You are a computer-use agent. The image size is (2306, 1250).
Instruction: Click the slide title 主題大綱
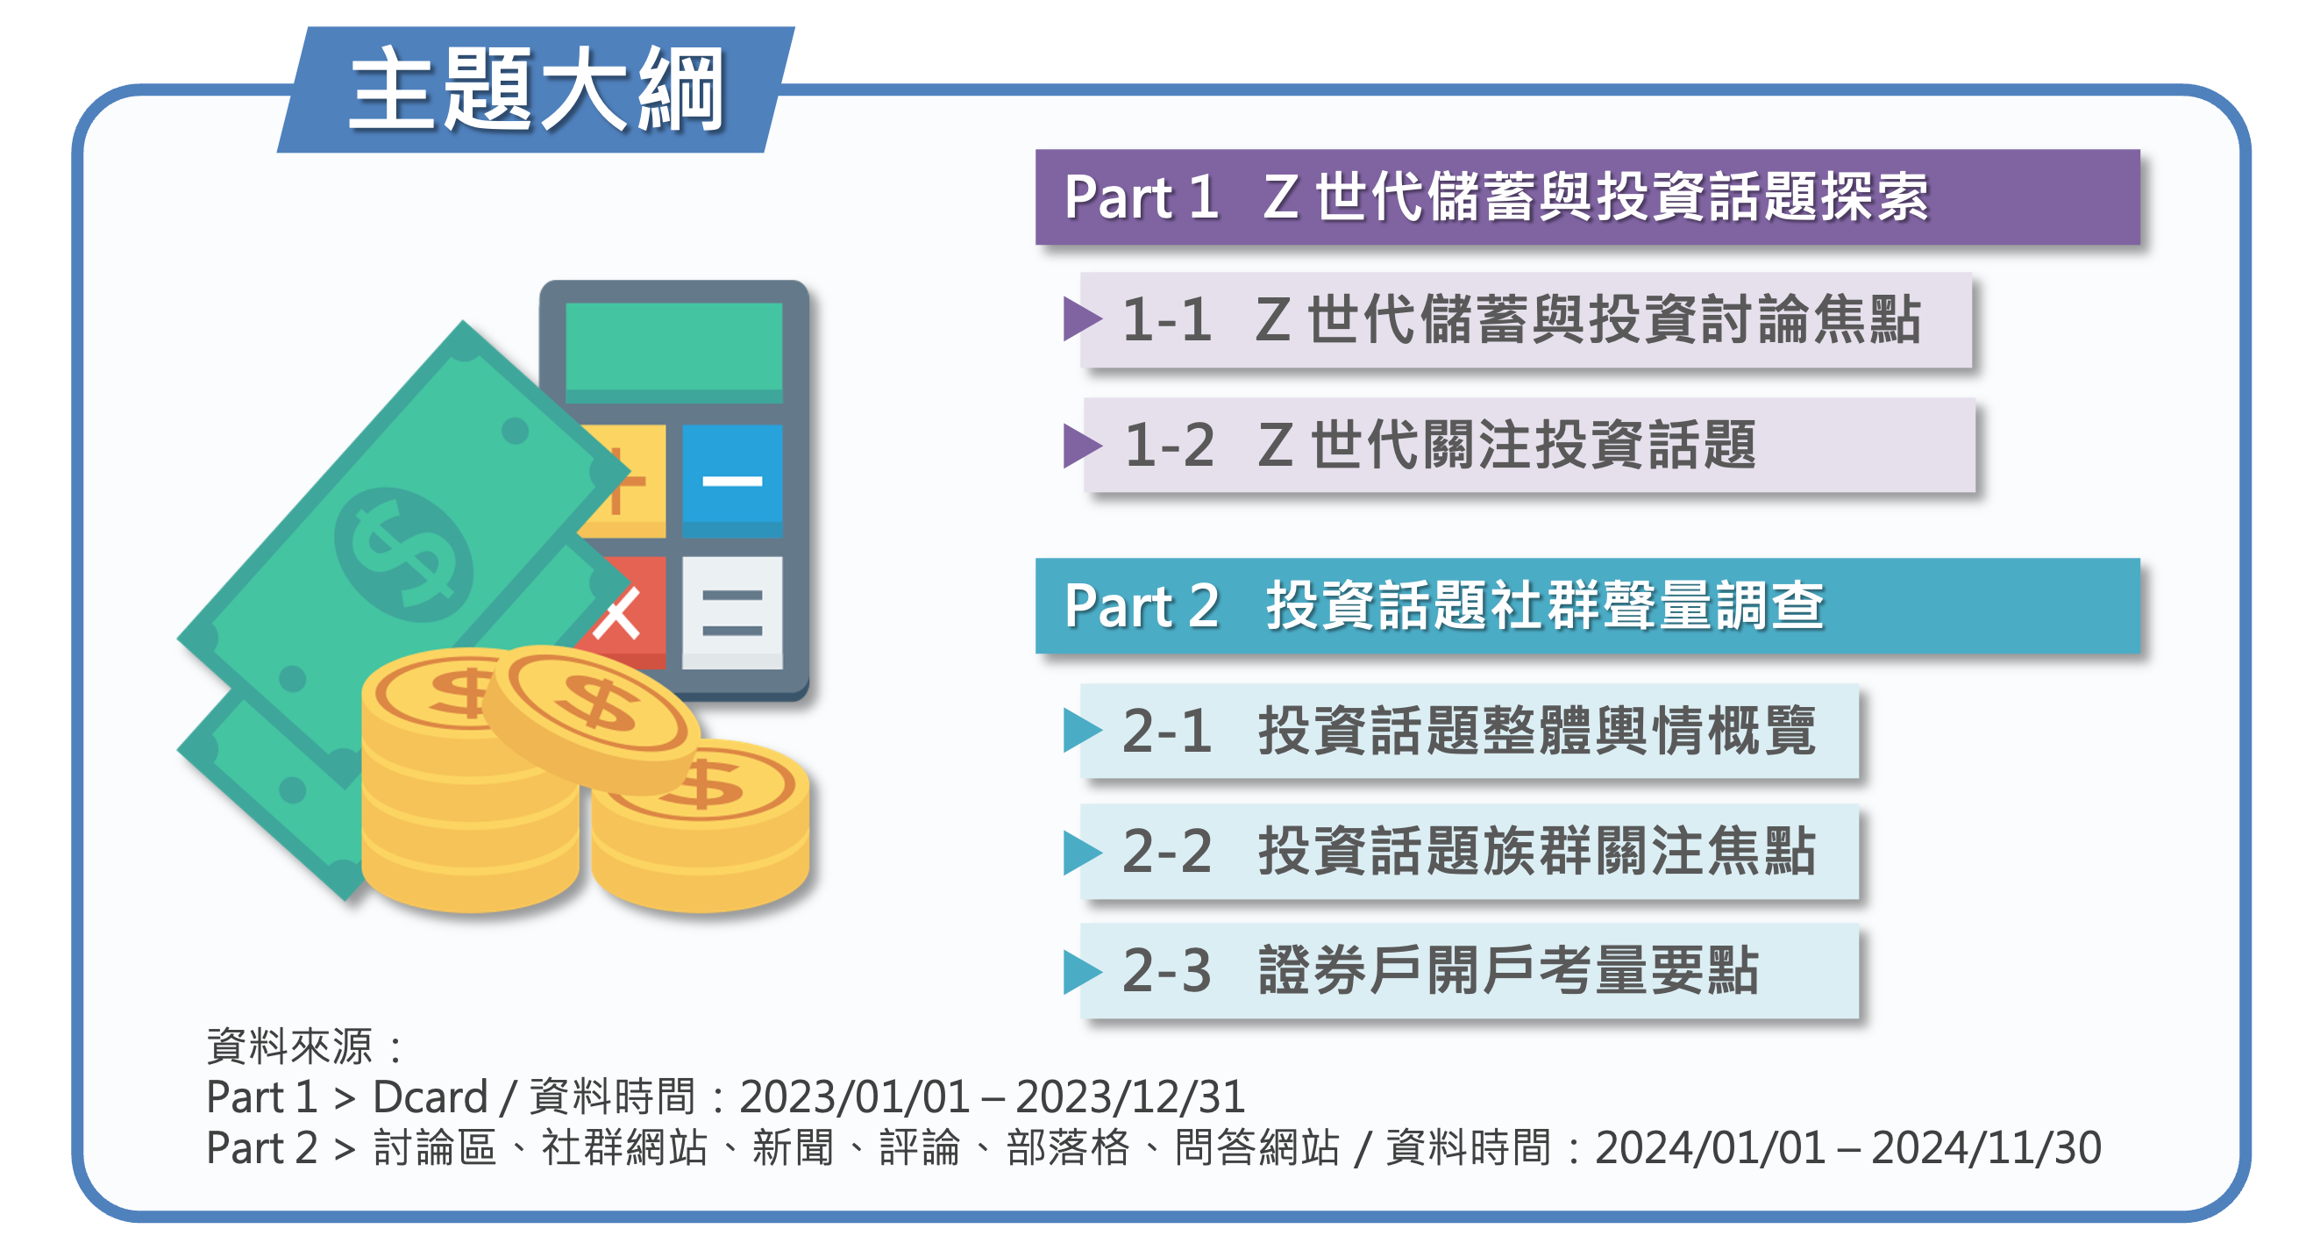536,89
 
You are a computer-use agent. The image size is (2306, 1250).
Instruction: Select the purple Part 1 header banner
1586,197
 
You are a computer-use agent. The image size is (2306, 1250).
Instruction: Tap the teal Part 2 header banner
1586,606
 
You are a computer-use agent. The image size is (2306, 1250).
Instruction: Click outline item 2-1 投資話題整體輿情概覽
1468,731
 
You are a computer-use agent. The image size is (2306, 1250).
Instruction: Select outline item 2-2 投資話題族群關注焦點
1468,851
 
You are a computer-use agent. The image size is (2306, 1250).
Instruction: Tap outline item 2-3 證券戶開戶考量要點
1468,971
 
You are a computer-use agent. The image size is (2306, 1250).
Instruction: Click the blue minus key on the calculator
731,481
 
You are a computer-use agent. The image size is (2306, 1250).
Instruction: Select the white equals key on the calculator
731,612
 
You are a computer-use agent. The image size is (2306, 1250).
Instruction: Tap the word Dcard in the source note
430,1096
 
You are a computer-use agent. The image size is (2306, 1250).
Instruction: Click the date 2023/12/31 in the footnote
1129,1096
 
